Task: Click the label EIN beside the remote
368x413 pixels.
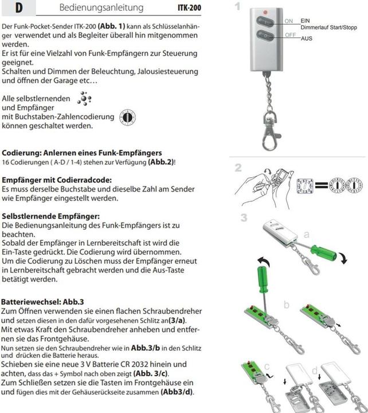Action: click(x=305, y=21)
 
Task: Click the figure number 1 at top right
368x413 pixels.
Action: click(x=237, y=7)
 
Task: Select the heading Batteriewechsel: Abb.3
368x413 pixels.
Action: click(x=43, y=301)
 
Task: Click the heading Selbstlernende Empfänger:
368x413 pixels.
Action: click(x=51, y=216)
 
